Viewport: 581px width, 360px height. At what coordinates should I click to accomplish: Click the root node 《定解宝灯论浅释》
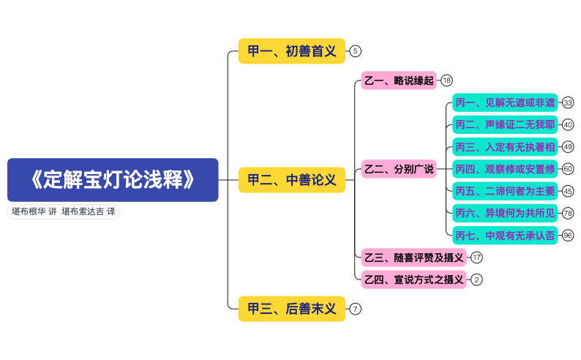113,180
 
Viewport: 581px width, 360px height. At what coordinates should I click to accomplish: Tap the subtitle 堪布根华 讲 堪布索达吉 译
63,211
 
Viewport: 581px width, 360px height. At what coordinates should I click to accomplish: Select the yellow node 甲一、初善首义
291,51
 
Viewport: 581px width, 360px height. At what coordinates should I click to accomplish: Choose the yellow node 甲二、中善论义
291,180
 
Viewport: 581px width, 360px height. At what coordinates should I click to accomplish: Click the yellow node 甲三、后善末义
291,309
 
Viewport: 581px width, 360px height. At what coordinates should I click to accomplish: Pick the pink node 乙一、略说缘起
398,80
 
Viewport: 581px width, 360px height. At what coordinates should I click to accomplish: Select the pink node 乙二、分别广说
398,169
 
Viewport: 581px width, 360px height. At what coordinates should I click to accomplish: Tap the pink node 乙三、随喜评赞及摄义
413,258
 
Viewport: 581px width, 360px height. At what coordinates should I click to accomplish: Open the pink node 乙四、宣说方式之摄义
413,280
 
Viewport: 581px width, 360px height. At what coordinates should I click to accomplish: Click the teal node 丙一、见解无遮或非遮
504,103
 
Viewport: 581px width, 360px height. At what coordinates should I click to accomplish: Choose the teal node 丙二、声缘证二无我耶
504,125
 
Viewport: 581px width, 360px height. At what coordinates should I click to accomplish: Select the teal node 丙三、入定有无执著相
504,147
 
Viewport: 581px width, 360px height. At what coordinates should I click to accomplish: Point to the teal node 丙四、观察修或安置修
504,169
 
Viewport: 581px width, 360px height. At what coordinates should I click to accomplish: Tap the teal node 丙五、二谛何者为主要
504,191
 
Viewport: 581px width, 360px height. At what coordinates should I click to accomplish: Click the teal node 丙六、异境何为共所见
504,213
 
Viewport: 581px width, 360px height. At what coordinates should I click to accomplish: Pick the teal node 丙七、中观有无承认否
504,235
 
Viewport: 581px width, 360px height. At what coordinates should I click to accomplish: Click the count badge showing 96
568,235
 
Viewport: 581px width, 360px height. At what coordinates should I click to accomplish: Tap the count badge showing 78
568,213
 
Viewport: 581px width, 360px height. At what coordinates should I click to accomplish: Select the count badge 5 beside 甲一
356,51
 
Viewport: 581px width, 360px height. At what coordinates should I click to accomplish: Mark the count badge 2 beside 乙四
477,280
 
